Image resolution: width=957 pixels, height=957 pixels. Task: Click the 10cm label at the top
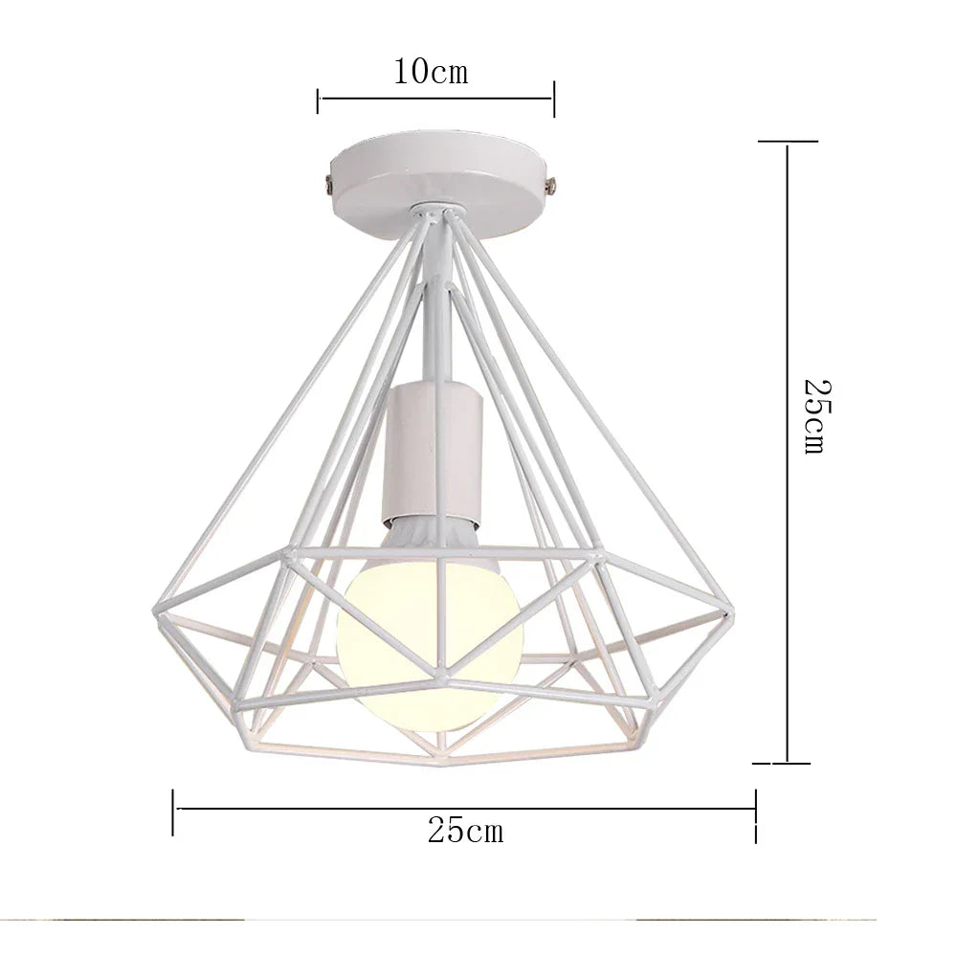(431, 72)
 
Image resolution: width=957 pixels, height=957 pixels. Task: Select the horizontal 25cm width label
(465, 831)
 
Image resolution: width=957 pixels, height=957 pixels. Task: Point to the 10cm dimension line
(435, 98)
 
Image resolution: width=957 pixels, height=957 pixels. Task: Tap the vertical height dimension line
(787, 450)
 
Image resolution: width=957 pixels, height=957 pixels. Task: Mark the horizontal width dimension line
(465, 809)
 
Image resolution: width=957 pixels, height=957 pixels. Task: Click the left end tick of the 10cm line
(318, 99)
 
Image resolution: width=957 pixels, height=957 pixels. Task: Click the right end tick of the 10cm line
(554, 98)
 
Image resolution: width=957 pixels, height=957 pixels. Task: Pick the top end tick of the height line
(788, 141)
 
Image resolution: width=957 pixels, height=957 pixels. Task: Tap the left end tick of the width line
(173, 811)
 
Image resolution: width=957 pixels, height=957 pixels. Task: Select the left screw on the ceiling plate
(328, 180)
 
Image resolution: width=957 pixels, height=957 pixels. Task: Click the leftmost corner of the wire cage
(154, 612)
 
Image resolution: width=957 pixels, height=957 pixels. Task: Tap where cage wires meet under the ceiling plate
(434, 211)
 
